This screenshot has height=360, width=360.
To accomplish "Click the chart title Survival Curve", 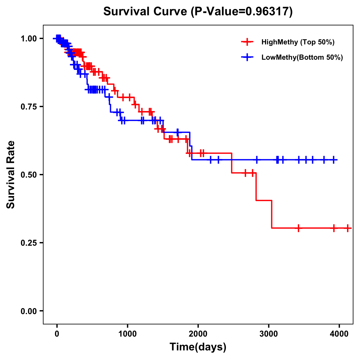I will (x=146, y=11).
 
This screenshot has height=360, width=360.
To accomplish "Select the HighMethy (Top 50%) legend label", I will (x=298, y=42).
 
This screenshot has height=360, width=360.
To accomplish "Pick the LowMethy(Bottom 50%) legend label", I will (x=302, y=57).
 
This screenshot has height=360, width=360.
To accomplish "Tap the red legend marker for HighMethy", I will (x=247, y=42).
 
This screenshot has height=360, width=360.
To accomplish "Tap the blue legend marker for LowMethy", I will (x=247, y=57).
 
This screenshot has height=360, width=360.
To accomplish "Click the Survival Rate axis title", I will (x=11, y=174).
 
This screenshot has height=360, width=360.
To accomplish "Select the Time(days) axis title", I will (x=198, y=347).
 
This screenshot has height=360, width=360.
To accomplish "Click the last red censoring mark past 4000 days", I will (x=347, y=228).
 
